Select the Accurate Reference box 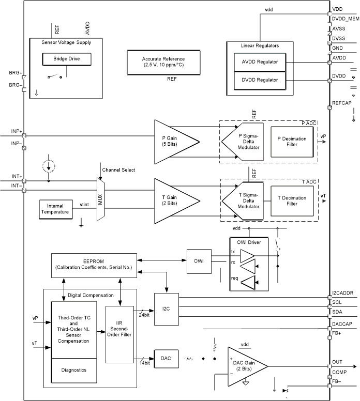(x=164, y=62)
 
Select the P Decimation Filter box (x=292, y=141)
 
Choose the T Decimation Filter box (x=292, y=201)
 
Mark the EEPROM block (x=94, y=264)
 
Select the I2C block (x=166, y=309)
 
